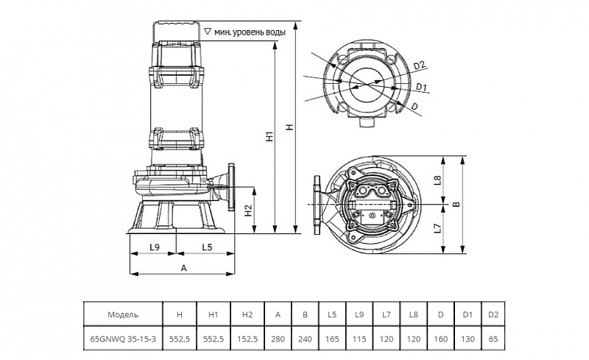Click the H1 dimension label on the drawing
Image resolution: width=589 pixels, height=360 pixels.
tap(269, 136)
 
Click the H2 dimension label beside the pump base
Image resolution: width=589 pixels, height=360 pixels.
tap(248, 211)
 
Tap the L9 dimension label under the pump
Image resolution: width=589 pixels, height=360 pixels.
tap(155, 247)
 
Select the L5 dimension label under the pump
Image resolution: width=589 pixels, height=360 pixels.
tap(207, 247)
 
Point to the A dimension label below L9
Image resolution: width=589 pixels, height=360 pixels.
tap(183, 268)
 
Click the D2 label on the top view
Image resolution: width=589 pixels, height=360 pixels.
tap(419, 65)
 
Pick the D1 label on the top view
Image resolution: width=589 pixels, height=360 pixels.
tap(422, 87)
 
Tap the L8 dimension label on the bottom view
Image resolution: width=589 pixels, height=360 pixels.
tap(437, 180)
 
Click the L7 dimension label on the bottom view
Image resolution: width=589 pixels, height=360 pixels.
tap(437, 227)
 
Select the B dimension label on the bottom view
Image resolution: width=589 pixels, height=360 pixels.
tap(456, 204)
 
